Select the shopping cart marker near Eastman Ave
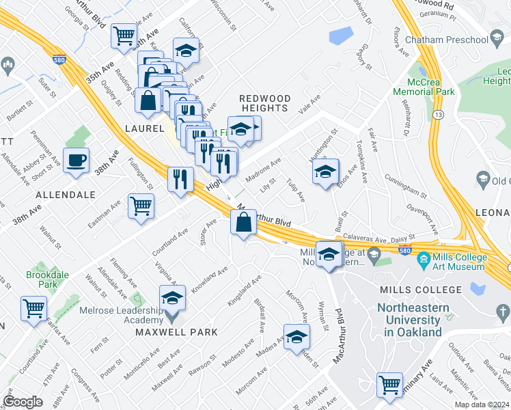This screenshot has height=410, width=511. [141, 205]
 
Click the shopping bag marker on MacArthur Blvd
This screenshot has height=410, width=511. [244, 221]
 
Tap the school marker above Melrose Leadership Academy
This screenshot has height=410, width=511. [172, 299]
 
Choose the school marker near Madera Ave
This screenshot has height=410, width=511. [296, 337]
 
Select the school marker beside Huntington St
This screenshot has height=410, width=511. [326, 172]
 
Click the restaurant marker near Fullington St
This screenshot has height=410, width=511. [180, 180]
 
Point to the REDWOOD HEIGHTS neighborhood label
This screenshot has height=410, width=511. [264, 104]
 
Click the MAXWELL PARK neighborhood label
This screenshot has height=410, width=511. [176, 332]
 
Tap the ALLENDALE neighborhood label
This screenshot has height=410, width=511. [66, 195]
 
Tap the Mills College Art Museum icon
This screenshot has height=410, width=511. [423, 258]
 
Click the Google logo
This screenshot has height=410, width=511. [23, 401]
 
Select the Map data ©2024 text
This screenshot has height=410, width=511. [481, 405]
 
